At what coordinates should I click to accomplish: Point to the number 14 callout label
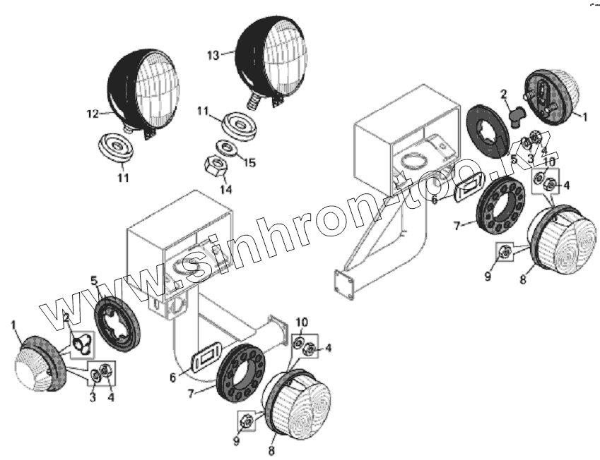(x=224, y=189)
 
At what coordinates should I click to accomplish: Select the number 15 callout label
(x=249, y=164)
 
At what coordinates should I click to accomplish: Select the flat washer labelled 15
(x=228, y=147)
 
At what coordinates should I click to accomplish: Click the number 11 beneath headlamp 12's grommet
(x=123, y=178)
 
